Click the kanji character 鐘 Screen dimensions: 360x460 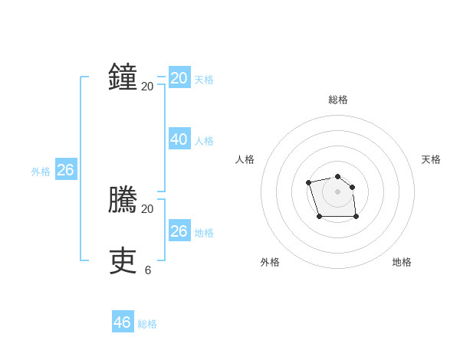tap(123, 78)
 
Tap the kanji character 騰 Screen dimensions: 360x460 tap(123, 201)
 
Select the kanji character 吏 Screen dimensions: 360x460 tap(123, 261)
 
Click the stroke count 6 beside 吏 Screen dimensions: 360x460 tap(148, 270)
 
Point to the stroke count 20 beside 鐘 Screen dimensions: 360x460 tap(148, 86)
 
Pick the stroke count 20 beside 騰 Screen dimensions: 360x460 tap(148, 208)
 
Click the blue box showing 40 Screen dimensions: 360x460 tap(179, 139)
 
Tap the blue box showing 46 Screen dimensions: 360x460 tap(122, 322)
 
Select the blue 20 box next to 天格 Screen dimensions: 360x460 tap(179, 78)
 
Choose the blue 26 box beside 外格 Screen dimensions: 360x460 tap(65, 170)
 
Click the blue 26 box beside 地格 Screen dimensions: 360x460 tap(179, 231)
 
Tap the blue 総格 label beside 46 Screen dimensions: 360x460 tap(147, 324)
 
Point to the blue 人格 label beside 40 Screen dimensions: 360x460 tap(204, 141)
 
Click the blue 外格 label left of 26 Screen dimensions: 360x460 tap(41, 172)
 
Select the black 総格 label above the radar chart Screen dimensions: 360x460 tap(338, 100)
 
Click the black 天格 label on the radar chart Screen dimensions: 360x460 tap(431, 159)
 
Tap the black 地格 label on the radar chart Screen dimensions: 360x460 tap(402, 262)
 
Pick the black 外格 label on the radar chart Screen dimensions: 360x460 tap(270, 262)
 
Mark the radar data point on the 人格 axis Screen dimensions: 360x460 tap(308, 182)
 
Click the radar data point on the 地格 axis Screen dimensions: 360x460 tap(356, 217)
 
